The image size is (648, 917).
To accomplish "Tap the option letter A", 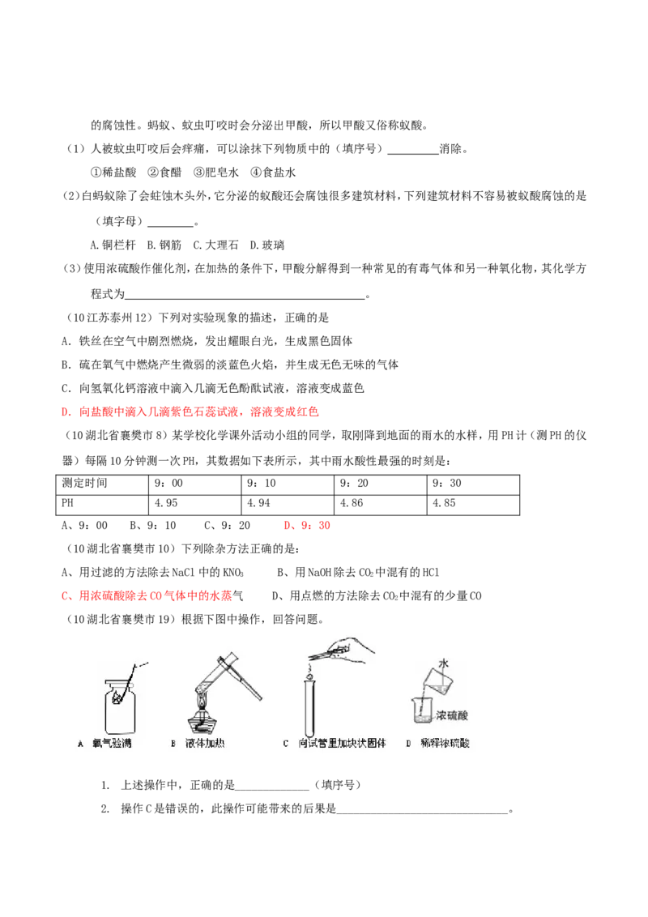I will (x=80, y=743).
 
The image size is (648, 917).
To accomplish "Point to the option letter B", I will (x=173, y=743).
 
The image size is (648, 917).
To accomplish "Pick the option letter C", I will (x=285, y=743).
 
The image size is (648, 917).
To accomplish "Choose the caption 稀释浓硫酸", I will (x=445, y=743).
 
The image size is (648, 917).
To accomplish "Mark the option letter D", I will (x=408, y=743).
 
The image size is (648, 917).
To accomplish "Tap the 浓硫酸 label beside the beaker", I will (x=453, y=716).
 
